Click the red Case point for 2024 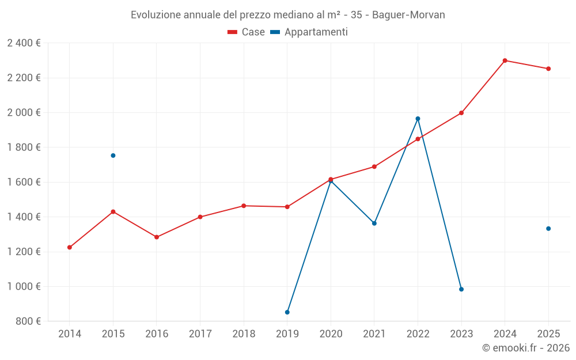click(x=505, y=60)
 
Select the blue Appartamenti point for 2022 click(x=418, y=119)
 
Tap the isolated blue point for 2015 click(x=113, y=156)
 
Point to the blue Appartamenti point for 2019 click(x=287, y=312)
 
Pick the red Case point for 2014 click(x=70, y=248)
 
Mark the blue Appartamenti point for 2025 click(x=548, y=229)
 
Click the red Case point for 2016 click(x=157, y=237)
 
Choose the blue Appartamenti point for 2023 click(x=461, y=289)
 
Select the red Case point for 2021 click(x=374, y=167)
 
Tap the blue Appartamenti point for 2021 click(x=374, y=223)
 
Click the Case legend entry click(x=247, y=32)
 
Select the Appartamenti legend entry click(x=309, y=32)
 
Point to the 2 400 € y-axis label click(x=24, y=43)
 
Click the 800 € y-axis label click(x=28, y=321)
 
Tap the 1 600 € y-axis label click(x=24, y=182)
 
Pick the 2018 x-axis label click(x=244, y=334)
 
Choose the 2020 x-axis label click(x=331, y=334)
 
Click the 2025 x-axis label click(x=548, y=334)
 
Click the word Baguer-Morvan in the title click(x=408, y=14)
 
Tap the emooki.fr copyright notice click(x=525, y=348)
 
